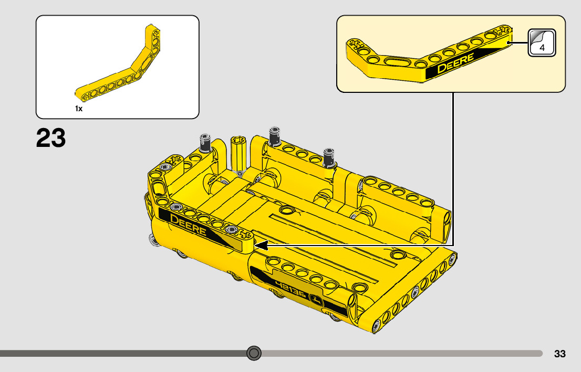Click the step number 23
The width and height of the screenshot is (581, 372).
click(x=51, y=137)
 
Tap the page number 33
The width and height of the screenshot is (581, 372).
click(x=560, y=354)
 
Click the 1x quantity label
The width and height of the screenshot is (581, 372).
click(x=79, y=109)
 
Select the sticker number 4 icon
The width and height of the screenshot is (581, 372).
click(x=542, y=42)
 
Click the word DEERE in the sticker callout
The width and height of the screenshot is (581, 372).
click(x=455, y=62)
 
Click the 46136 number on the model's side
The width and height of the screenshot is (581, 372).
click(x=291, y=289)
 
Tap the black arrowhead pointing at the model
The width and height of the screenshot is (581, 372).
click(x=261, y=246)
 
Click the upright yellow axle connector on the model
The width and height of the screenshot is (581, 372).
click(x=238, y=154)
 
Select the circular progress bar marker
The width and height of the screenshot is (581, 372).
click(x=254, y=353)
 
